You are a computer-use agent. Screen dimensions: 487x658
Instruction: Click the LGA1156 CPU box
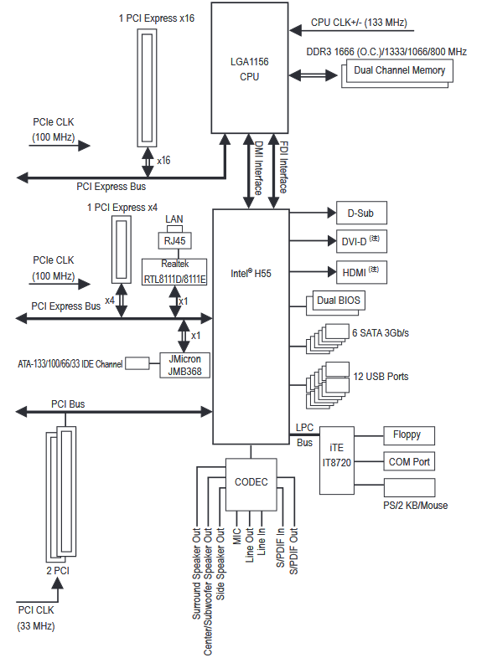coord(250,68)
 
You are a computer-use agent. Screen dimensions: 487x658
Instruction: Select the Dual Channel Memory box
coord(399,70)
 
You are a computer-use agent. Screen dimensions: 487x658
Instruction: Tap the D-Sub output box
coord(361,213)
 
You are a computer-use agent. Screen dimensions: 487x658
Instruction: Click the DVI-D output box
coord(361,241)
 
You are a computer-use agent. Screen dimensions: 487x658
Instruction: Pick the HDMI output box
coord(361,272)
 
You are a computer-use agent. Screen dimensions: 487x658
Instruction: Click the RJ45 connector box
coord(175,241)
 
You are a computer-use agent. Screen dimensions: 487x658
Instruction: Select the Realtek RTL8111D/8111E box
coord(174,272)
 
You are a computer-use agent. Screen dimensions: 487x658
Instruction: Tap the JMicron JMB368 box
coord(184,365)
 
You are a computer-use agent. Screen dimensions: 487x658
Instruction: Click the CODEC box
coord(251,484)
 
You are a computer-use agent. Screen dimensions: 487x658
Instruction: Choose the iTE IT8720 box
coord(337,460)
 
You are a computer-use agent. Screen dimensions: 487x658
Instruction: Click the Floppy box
coord(409,435)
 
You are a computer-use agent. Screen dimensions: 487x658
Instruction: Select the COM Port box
coord(409,461)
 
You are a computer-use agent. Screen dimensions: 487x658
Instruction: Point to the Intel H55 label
coord(251,274)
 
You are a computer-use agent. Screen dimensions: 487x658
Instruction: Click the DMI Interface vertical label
coord(259,168)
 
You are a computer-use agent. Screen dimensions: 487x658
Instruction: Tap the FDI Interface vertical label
coord(283,167)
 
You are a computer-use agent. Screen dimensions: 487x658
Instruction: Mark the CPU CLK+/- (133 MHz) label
coord(359,23)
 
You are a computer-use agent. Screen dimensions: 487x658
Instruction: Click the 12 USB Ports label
coord(381,377)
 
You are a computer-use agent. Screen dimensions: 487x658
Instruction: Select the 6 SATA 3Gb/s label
coord(381,333)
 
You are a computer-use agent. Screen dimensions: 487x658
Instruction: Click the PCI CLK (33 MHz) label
coord(36,618)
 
